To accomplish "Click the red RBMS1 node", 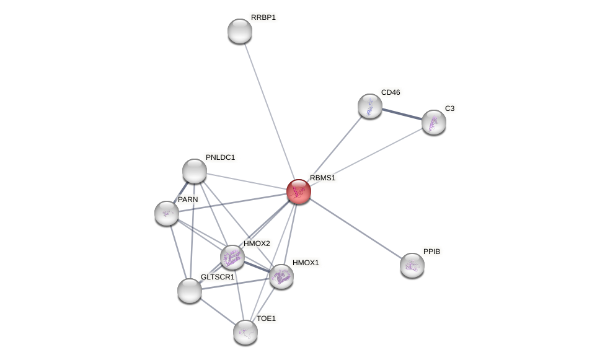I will click(x=299, y=191).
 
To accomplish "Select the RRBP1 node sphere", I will click(x=240, y=31).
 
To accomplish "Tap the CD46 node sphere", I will click(x=370, y=106).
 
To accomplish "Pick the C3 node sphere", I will click(x=434, y=122).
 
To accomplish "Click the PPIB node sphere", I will click(x=412, y=265).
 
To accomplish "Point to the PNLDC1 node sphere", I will click(x=195, y=171).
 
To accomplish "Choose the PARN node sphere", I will click(x=167, y=213).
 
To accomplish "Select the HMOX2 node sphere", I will click(x=232, y=257).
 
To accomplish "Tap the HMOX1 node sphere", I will click(x=281, y=276).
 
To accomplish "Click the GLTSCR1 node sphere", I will click(x=190, y=290).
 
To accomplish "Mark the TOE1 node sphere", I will click(x=245, y=332).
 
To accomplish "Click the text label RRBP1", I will click(x=263, y=17).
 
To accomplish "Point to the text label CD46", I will click(x=391, y=92).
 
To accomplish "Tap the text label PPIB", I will click(x=432, y=252).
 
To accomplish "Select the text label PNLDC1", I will click(x=220, y=157).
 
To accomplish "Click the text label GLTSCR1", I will click(x=218, y=277).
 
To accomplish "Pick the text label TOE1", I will click(x=266, y=318).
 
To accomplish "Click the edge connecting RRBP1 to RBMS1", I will click(x=269, y=110).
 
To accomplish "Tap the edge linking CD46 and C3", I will click(x=402, y=113).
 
